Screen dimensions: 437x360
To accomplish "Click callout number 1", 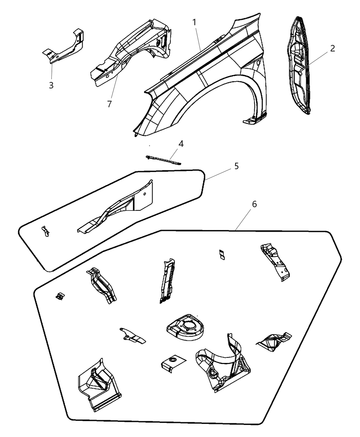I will [194, 23].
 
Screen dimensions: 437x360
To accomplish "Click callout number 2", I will [332, 48].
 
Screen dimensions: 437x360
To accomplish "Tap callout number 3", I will [51, 85].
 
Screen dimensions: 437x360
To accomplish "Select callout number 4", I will [181, 144].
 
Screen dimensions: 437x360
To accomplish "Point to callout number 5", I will [237, 166].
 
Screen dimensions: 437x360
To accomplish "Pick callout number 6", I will [254, 204].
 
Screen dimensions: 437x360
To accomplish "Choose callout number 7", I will [109, 104].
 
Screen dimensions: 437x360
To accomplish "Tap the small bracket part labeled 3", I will [65, 48].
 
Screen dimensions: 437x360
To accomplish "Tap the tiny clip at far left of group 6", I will [60, 295].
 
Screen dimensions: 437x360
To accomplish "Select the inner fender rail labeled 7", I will [130, 51].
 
